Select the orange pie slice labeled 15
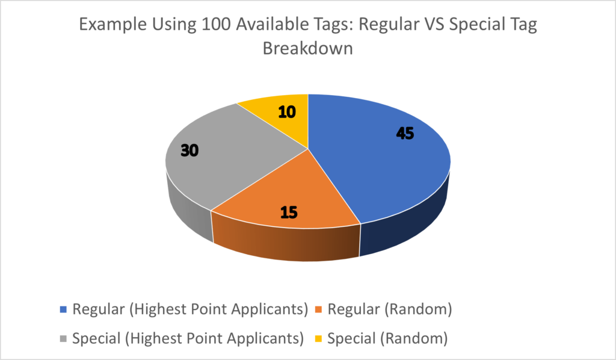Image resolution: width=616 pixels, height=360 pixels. [287, 196]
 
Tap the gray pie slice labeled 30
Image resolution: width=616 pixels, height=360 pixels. [220, 157]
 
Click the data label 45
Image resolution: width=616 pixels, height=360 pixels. [405, 134]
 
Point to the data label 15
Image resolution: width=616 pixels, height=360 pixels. [289, 213]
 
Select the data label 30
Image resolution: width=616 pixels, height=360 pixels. [189, 151]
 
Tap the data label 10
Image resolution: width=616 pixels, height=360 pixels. [287, 112]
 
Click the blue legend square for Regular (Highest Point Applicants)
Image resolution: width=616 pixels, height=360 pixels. [63, 309]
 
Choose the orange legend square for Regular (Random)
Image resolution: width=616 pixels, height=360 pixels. [319, 309]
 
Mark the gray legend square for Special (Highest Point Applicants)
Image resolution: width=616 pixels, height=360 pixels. [63, 338]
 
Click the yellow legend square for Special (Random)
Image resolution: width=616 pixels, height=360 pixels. [319, 338]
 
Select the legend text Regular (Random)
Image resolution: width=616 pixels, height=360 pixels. [390, 309]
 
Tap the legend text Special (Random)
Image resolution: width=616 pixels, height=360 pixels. [387, 338]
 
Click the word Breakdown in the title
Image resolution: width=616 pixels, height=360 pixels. [307, 48]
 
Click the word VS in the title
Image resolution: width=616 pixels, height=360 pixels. [434, 24]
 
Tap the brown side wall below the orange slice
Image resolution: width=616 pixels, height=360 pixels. [286, 244]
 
